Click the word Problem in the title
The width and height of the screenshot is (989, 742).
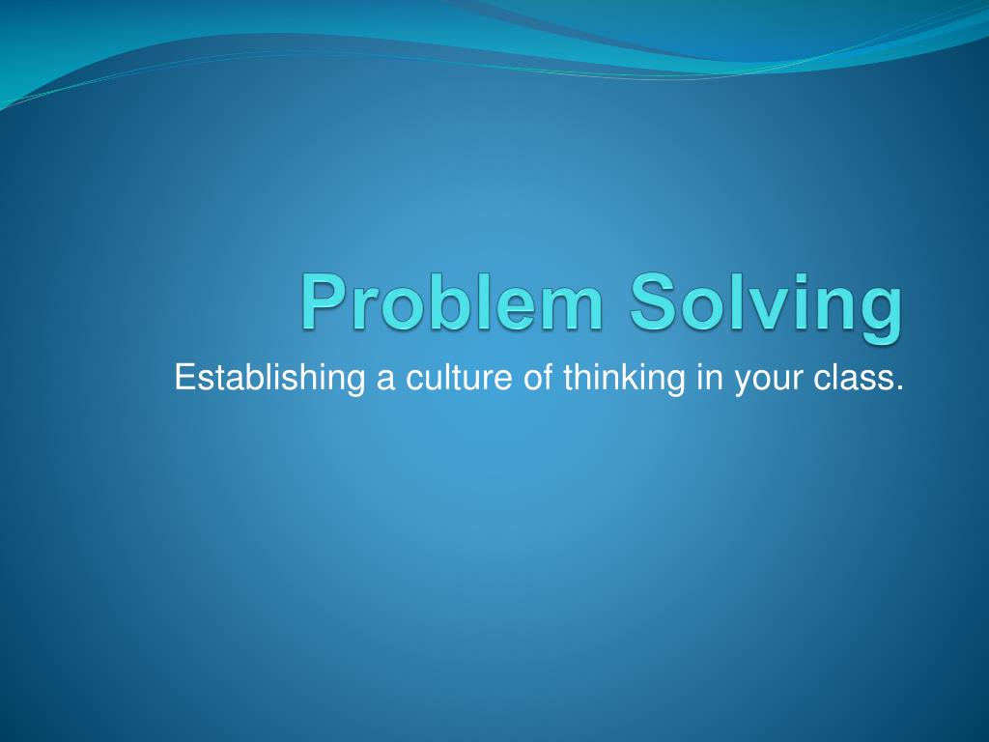[452, 301]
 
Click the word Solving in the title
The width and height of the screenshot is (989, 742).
[768, 301]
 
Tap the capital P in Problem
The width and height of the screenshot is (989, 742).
[321, 301]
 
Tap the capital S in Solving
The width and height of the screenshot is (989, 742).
[655, 301]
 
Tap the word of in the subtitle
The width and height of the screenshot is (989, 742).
[537, 377]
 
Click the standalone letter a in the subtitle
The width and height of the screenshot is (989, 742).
[385, 379]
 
